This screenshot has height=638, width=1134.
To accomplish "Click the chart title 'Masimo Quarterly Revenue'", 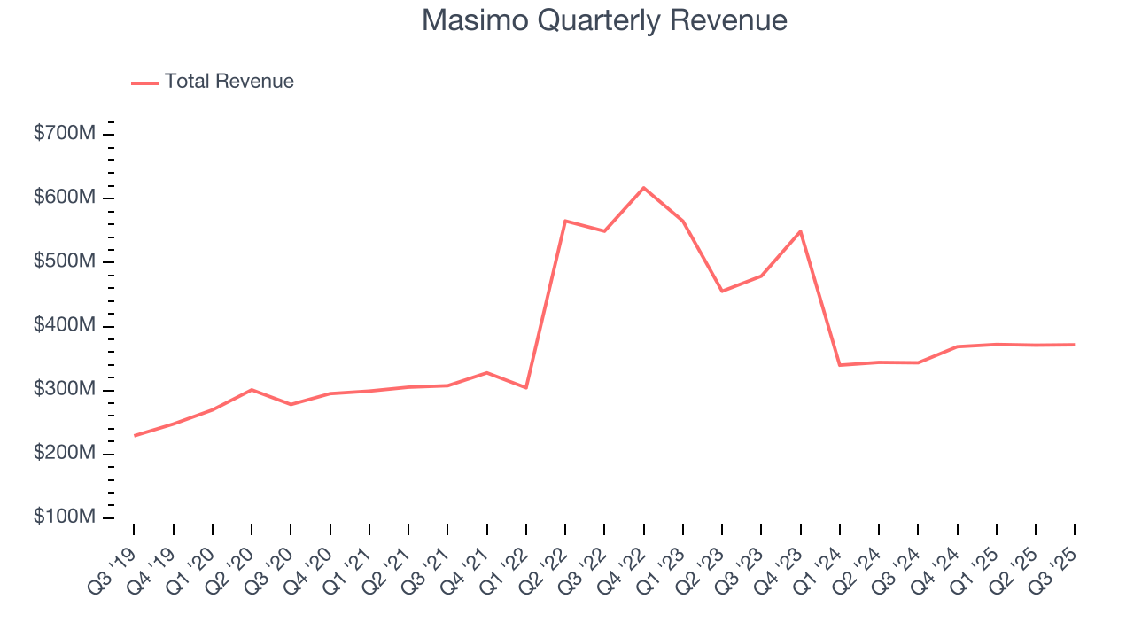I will coord(604,20).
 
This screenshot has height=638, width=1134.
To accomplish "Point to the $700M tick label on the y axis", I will coord(65,134).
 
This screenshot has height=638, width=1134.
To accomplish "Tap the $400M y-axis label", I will coord(65,326).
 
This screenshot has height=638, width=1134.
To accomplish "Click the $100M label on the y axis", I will coord(65,517).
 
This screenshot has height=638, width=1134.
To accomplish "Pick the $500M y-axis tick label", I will coord(65,262).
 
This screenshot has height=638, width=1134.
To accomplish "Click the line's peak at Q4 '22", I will coord(643,188).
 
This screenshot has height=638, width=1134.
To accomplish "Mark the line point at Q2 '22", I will coord(565,221).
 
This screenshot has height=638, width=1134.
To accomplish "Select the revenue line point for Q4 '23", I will coord(800,231).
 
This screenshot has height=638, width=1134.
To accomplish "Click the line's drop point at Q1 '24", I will coord(839,365).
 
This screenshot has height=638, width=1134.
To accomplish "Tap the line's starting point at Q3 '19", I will coord(135,436).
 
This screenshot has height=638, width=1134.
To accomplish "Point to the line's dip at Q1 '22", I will coord(526,387).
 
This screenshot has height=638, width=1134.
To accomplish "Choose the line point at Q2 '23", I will coord(722,291).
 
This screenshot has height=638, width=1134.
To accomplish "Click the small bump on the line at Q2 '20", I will coord(252,390).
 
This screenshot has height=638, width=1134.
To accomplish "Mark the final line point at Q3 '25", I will coord(1074,345).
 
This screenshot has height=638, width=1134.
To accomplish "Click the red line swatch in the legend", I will coord(144,82).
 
